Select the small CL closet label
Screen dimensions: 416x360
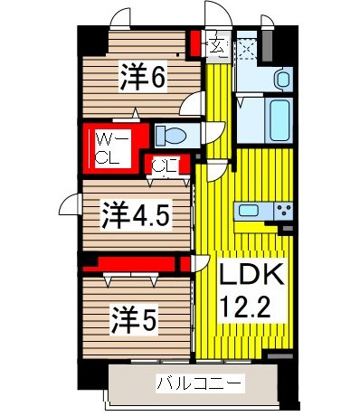[x=164, y=165]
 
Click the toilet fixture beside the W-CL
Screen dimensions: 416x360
[x=170, y=136]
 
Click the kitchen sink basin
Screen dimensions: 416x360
[x=250, y=213]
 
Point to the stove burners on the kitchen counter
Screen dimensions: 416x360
[x=284, y=213]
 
